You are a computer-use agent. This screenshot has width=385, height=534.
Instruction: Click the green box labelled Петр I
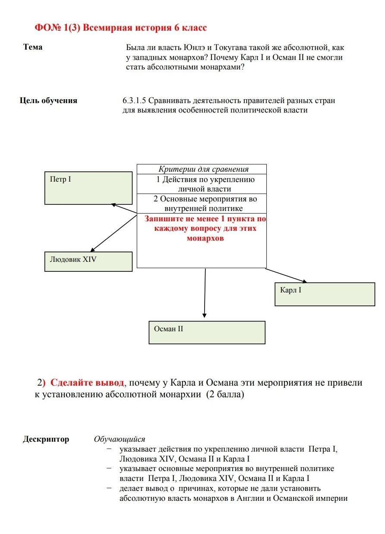(88, 188)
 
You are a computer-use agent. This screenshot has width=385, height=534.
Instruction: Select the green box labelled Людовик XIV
(88, 261)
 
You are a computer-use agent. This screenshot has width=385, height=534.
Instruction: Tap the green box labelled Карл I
(325, 294)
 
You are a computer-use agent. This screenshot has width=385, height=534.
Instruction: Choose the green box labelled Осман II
(207, 332)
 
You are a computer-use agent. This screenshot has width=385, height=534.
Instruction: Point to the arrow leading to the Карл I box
(286, 275)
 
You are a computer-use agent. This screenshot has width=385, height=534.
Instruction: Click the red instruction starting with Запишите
(205, 229)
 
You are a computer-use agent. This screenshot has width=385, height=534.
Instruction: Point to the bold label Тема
(33, 47)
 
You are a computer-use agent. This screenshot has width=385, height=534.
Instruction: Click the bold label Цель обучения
(48, 101)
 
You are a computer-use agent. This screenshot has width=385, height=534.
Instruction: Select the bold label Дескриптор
(46, 439)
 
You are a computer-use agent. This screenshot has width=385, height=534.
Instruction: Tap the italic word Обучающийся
(120, 439)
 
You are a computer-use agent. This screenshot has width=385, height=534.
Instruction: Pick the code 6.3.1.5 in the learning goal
(135, 101)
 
